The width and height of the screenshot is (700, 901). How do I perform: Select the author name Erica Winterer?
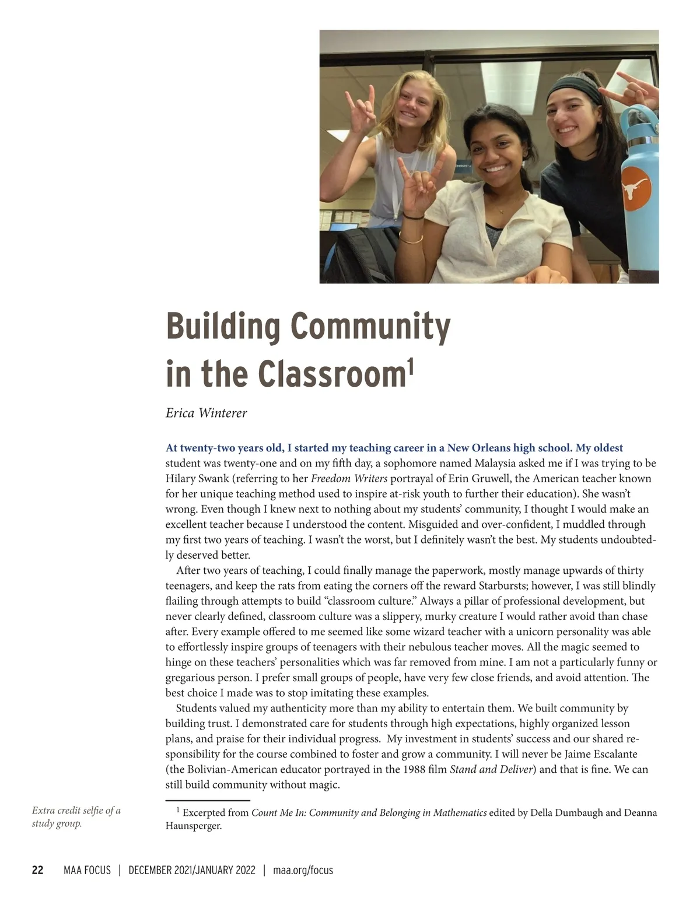[206, 413]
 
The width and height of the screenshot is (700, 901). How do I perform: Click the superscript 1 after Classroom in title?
[410, 367]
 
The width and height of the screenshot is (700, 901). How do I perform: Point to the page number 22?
[37, 870]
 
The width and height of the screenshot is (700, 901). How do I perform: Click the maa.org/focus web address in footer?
[303, 870]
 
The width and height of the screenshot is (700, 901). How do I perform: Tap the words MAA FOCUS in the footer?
[87, 870]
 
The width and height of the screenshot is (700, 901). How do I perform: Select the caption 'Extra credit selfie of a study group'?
[76, 817]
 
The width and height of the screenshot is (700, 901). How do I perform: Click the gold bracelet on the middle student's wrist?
[411, 238]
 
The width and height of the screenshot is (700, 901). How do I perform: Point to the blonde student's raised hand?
[359, 111]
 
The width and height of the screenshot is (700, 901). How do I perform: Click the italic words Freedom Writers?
[349, 479]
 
